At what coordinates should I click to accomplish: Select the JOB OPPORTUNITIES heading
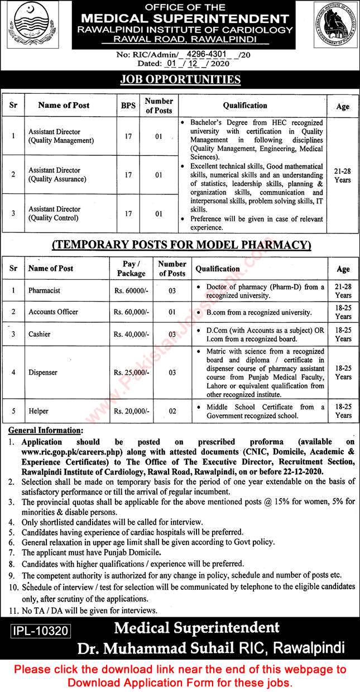point(180,79)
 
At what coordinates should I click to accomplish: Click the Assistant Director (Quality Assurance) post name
point(57,175)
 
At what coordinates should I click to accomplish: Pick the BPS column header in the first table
point(128,105)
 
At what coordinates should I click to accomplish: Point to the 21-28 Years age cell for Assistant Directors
point(343,175)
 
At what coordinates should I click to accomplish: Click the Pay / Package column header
point(131,269)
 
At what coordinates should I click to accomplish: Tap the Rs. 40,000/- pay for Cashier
point(131,334)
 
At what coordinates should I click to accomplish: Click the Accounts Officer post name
point(54,312)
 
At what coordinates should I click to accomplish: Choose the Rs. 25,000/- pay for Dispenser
point(131,372)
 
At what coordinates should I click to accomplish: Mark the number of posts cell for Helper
point(172,411)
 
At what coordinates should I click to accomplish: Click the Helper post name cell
point(39,411)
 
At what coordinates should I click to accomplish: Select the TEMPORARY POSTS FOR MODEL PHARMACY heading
point(181,245)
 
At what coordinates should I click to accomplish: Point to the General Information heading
point(45,430)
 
